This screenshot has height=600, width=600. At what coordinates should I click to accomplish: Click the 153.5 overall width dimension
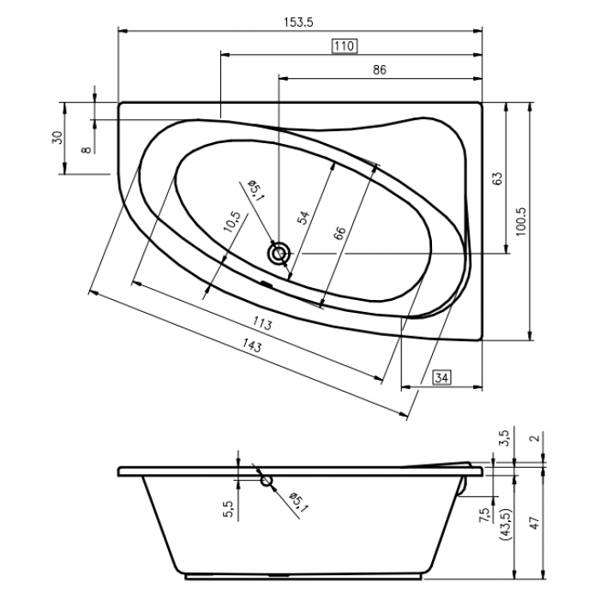coord(298,22)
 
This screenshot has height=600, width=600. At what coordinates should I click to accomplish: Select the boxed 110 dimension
coord(345,46)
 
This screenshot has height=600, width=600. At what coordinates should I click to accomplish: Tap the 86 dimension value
coord(380,70)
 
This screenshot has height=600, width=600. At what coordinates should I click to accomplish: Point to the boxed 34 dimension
coord(441,378)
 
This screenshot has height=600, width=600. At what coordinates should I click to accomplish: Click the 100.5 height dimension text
coord(521,221)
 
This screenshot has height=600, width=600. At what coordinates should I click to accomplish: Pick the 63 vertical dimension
coord(497,178)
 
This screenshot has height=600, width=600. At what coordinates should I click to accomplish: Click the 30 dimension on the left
coord(57,137)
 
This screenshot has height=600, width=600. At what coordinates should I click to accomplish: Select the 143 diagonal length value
coord(252,346)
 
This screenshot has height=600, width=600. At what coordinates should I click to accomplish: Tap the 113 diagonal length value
coord(262,323)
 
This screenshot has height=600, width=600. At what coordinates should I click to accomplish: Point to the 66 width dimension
coord(339,233)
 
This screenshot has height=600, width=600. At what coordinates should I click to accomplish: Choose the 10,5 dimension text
coord(232,221)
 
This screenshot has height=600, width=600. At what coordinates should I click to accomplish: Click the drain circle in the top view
coord(279,254)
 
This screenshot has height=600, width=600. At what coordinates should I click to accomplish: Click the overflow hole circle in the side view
coord(267,481)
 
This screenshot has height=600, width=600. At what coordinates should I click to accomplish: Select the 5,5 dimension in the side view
coord(228,509)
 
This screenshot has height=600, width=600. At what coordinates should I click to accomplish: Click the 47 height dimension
coord(535,522)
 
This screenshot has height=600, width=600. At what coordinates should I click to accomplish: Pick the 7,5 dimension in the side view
coord(484,514)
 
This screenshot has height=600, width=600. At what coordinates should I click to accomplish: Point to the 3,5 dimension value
coord(505,437)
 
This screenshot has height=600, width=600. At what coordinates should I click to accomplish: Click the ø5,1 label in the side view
coord(298,502)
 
